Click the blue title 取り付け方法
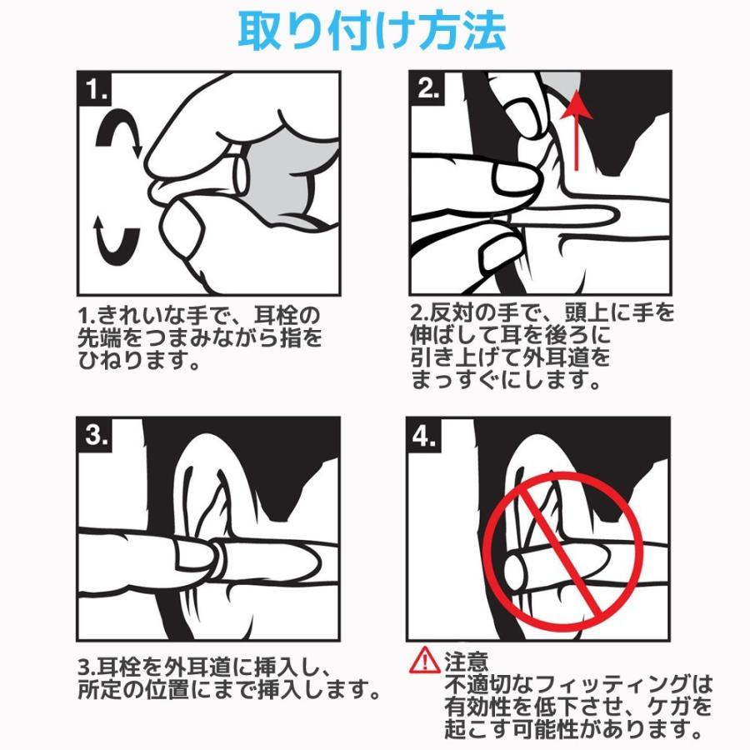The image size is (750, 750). (x=372, y=32)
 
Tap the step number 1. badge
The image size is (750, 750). (x=96, y=89)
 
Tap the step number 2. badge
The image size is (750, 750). (x=427, y=88)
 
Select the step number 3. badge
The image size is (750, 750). (x=95, y=435)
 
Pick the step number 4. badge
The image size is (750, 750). (x=425, y=435)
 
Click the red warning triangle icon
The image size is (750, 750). (x=424, y=661)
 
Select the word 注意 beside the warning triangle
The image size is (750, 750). (x=467, y=662)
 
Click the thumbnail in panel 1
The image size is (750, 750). (x=182, y=230)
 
